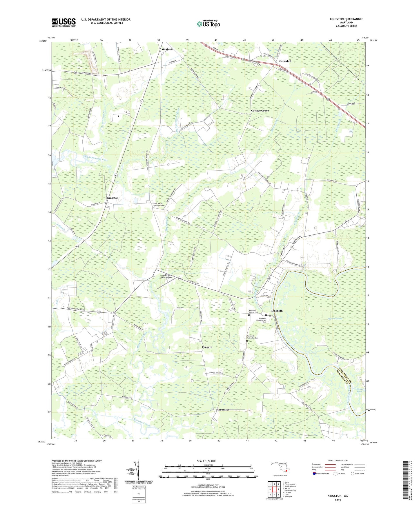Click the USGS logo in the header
point(64,22)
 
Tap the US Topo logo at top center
point(208,24)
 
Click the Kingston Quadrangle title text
point(346,19)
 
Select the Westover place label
point(168,49)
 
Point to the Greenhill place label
point(285,61)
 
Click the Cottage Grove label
point(260,111)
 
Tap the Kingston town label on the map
point(113,198)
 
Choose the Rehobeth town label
point(276,311)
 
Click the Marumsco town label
point(223,410)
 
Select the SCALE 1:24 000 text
point(206,461)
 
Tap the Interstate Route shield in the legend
point(315,474)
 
